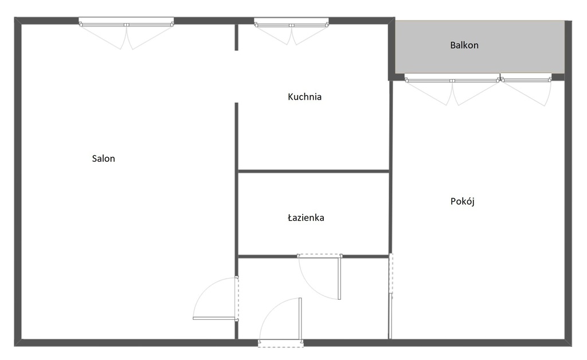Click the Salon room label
103,159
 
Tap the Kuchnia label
304,97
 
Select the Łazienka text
306,217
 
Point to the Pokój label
463,201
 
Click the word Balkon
464,45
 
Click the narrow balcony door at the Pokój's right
526,79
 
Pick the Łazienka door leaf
339,277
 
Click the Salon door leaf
214,319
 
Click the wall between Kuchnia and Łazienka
314,171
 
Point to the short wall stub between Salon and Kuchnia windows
236,37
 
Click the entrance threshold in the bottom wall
280,343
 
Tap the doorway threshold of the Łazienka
320,256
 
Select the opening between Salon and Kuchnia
236,77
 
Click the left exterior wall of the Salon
18,182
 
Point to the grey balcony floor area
480,47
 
